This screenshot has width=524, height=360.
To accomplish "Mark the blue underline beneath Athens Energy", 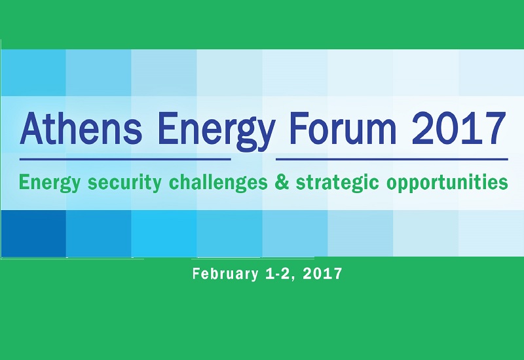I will (125, 158).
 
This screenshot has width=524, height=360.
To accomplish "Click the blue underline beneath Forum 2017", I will (392, 158).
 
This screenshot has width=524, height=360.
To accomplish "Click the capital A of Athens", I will (31, 129).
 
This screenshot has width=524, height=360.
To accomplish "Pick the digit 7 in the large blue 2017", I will (496, 130).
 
